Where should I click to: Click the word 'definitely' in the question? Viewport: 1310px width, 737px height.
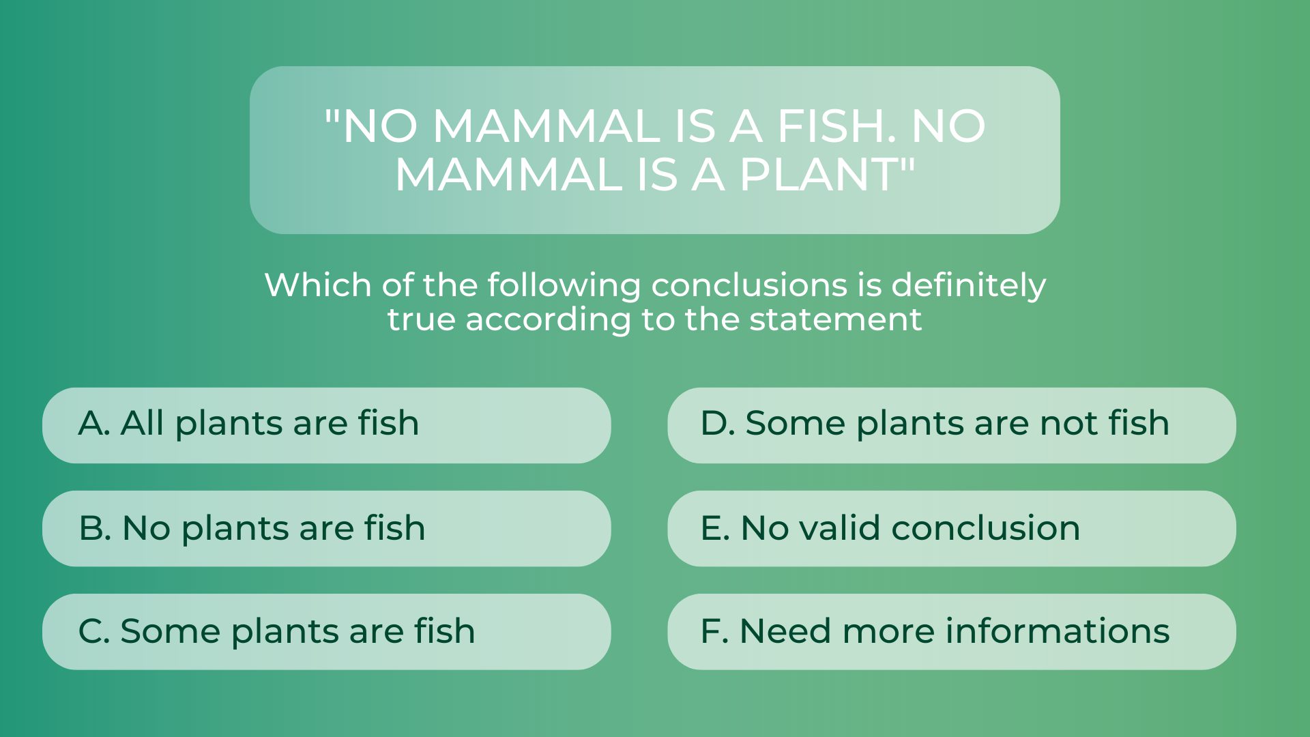coord(969,285)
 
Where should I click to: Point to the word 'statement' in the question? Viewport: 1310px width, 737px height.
coord(836,319)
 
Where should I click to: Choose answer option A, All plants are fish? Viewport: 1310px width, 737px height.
coord(326,425)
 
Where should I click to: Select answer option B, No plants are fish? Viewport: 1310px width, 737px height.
coord(326,528)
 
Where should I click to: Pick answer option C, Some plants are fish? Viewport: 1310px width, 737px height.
coord(326,631)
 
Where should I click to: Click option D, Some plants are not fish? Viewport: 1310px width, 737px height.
coord(952,425)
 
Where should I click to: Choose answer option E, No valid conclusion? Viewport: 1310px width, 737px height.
coord(952,528)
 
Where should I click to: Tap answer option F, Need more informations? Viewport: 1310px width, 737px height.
coord(952,631)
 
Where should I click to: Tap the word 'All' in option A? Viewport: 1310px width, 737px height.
coord(142,423)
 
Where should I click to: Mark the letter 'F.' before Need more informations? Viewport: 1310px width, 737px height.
coord(714,631)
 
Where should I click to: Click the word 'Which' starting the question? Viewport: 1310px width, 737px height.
coord(317,285)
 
